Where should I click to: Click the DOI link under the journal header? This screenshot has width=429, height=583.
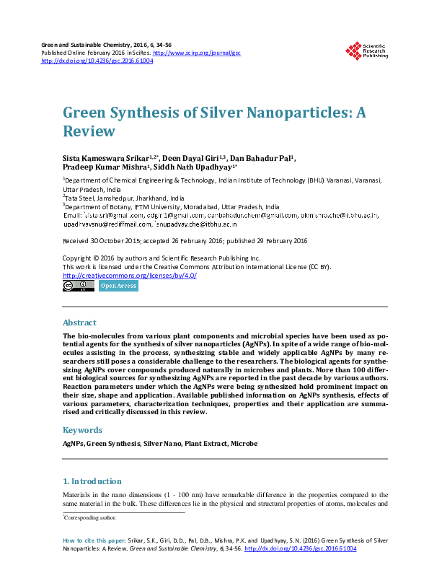97,61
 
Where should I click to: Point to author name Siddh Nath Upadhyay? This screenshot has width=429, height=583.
197,168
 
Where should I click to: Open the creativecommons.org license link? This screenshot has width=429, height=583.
130,276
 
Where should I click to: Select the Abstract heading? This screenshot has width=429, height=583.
79,323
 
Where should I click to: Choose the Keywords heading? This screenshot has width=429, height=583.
83,430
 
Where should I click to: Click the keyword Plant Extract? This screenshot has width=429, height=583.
205,442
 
